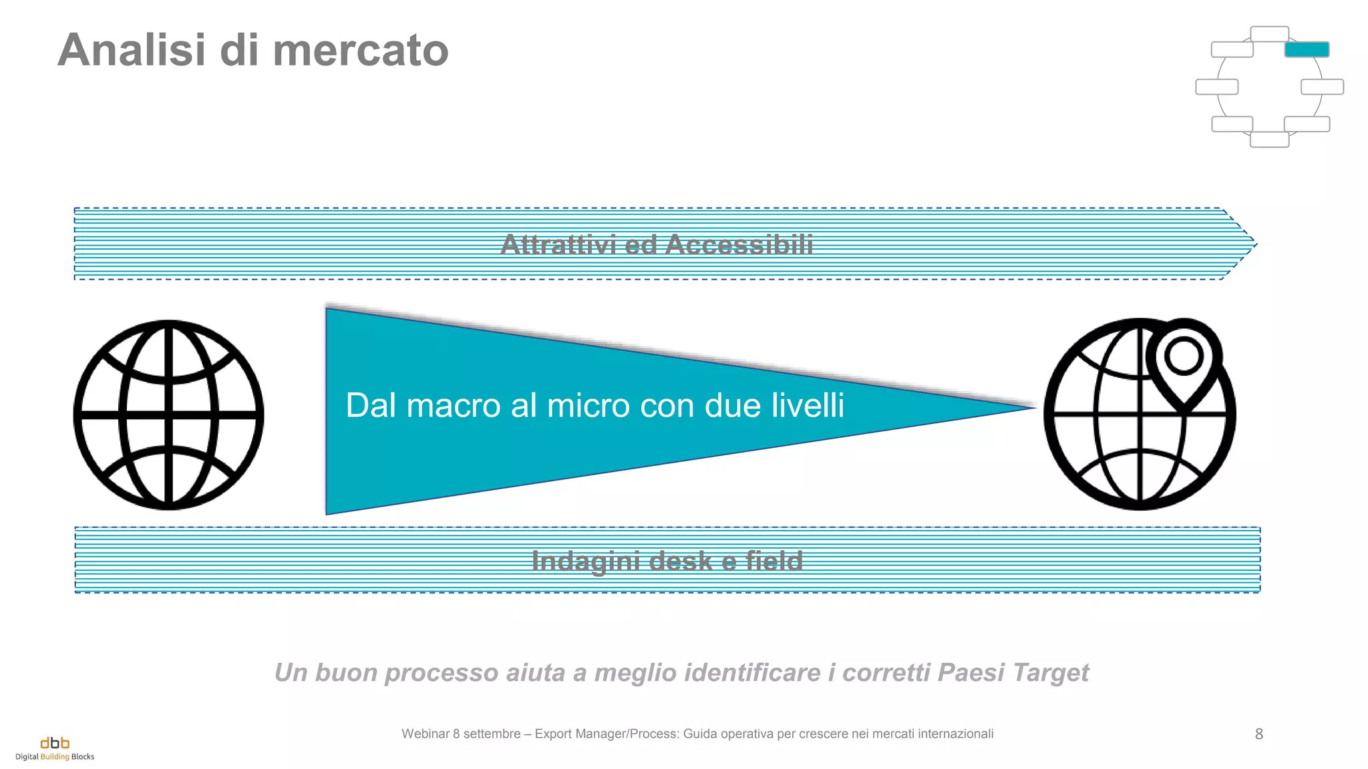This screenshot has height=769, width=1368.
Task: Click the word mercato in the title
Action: (360, 51)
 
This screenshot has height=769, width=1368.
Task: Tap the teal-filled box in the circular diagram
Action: (1307, 49)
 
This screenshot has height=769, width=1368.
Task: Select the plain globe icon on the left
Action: (168, 415)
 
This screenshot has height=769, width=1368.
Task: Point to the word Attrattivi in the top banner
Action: (558, 245)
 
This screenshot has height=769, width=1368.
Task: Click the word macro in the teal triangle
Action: (454, 406)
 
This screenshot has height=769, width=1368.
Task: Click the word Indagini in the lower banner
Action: (586, 561)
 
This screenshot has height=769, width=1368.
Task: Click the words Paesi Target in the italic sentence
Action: (1013, 673)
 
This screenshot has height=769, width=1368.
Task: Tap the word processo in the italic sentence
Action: (442, 673)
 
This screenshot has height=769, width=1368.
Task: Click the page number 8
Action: (1258, 734)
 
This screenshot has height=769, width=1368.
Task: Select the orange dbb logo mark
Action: (55, 743)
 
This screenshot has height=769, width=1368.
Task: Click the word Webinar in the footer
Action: (425, 734)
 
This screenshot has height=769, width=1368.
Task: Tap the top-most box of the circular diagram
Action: (1269, 34)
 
